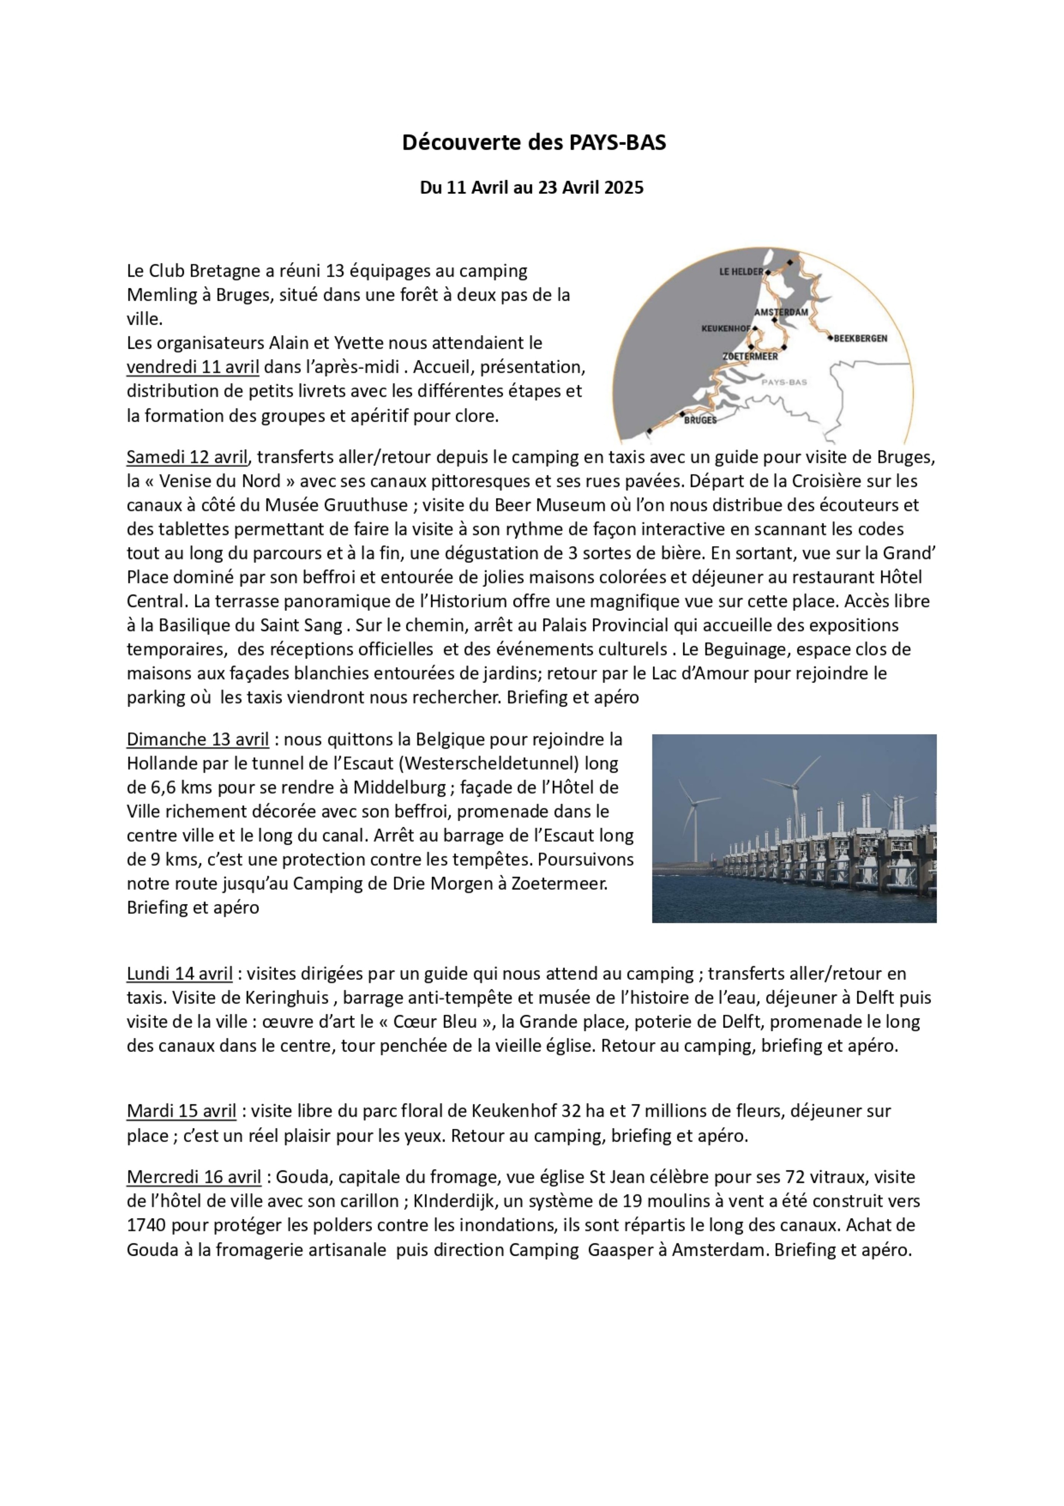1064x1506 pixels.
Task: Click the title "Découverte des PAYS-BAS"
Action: (x=534, y=142)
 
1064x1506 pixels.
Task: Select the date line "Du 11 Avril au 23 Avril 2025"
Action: (x=532, y=187)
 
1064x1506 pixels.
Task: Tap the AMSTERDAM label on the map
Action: (x=781, y=312)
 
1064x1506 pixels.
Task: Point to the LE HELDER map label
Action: (x=741, y=272)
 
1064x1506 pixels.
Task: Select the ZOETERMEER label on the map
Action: (x=750, y=356)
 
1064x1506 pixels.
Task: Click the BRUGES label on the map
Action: (x=700, y=420)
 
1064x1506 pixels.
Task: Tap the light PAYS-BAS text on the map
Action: (x=784, y=382)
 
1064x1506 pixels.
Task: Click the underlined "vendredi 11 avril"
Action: (x=193, y=367)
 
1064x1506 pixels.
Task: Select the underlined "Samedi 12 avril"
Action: (x=187, y=456)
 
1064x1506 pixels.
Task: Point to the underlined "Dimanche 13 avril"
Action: (x=197, y=739)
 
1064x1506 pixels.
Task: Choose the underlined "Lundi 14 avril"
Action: (x=180, y=974)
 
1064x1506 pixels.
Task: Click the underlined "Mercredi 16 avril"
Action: (x=194, y=1177)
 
